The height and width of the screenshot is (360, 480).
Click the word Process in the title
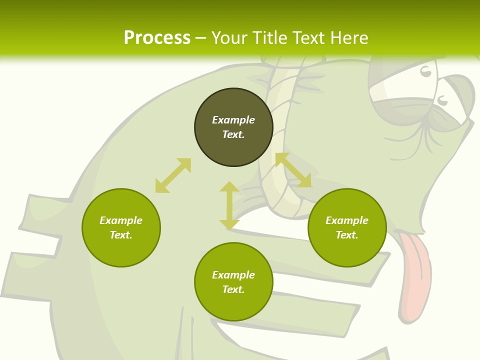[x=157, y=38]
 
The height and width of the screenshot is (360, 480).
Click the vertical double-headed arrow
[x=229, y=205]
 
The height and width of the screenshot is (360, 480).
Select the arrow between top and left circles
[x=173, y=175]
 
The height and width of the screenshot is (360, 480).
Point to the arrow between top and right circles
[x=293, y=170]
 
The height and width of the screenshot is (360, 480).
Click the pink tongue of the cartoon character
[x=414, y=275]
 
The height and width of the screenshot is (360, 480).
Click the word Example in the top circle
[x=233, y=120]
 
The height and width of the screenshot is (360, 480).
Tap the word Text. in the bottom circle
[x=233, y=289]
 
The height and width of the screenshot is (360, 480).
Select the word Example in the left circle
[x=121, y=220]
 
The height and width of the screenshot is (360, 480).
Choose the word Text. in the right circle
[x=347, y=235]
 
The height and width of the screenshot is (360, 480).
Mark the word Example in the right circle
[x=347, y=220]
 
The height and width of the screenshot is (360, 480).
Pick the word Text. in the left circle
[x=121, y=235]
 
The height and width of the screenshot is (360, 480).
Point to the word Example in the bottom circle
[x=233, y=275]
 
